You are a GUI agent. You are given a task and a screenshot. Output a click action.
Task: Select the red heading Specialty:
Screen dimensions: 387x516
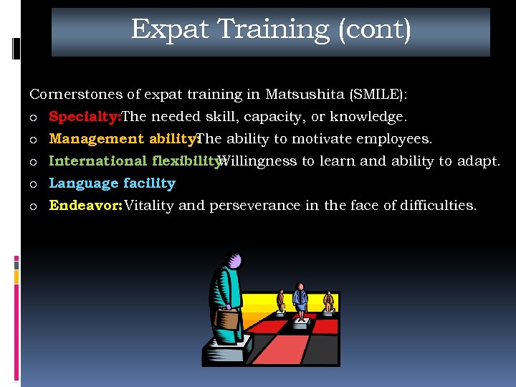tap(85, 117)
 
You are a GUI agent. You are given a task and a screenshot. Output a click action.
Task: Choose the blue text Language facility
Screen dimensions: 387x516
tap(112, 183)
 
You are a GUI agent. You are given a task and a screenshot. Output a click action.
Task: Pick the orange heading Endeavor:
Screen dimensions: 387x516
tap(85, 206)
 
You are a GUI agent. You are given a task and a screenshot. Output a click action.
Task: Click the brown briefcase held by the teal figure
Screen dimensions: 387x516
tap(228, 317)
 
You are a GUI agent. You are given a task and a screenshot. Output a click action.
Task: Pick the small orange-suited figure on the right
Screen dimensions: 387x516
tap(328, 301)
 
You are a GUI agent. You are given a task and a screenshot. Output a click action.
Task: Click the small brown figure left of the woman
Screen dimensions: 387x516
tap(281, 300)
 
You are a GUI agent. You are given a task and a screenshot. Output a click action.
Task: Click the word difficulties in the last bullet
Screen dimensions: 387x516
tap(440, 206)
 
